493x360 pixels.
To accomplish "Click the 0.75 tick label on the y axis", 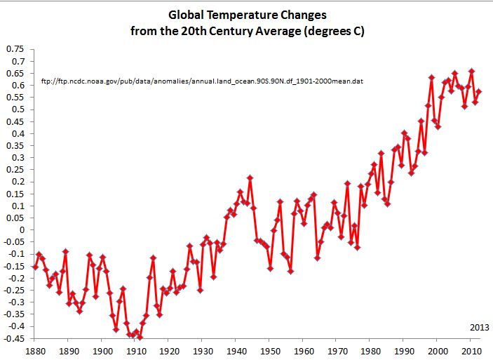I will click(x=15, y=49).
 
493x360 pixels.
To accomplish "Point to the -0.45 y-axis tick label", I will click(x=13, y=338).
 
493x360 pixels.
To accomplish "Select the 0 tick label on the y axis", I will click(x=20, y=229).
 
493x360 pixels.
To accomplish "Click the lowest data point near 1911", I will click(x=140, y=338).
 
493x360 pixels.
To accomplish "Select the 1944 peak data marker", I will click(x=250, y=178).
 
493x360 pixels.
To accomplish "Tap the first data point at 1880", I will click(x=35, y=267).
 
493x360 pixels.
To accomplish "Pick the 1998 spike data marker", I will click(x=431, y=77).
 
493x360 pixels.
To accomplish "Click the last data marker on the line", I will click(x=479, y=91).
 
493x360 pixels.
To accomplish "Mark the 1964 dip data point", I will click(x=317, y=258).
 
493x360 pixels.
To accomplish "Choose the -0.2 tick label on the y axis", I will click(x=15, y=278).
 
